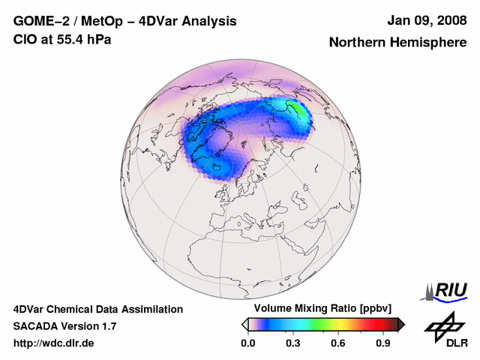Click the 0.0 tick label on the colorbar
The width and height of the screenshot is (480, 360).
click(x=247, y=343)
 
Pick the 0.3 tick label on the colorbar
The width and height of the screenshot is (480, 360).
click(x=293, y=343)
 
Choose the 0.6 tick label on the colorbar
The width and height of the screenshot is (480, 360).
click(x=339, y=343)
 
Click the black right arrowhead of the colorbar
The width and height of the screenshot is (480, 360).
click(x=401, y=324)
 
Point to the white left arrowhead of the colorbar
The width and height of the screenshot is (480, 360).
click(x=244, y=324)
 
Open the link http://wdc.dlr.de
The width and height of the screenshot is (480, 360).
click(x=54, y=343)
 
